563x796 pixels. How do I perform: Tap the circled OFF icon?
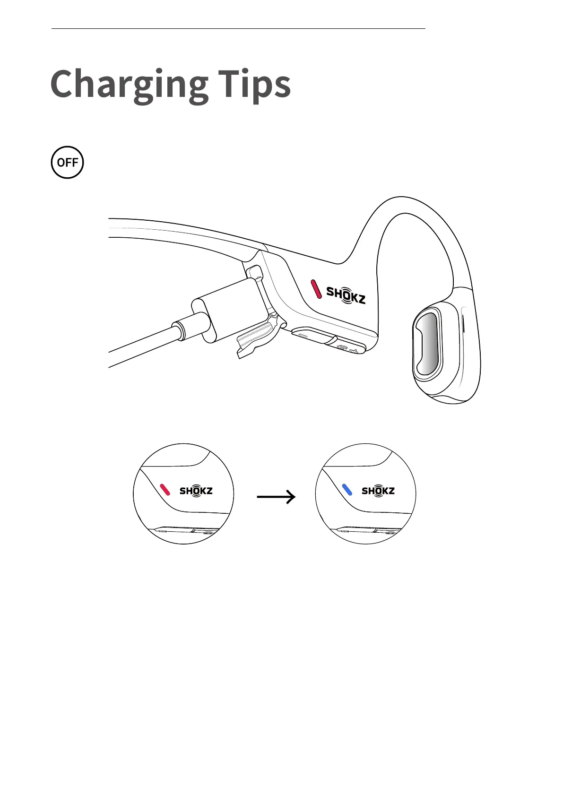pyautogui.click(x=67, y=162)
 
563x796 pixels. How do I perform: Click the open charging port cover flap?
pyautogui.click(x=258, y=337)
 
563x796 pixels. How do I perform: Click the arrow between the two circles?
pyautogui.click(x=276, y=497)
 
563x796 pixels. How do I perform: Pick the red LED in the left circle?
pyautogui.click(x=165, y=490)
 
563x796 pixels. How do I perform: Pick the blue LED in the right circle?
pyautogui.click(x=347, y=490)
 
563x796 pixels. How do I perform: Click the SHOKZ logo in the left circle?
pyautogui.click(x=196, y=491)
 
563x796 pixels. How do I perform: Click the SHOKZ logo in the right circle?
pyautogui.click(x=378, y=491)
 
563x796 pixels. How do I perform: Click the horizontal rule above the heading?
pyautogui.click(x=238, y=29)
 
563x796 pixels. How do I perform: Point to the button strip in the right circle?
pyautogui.click(x=369, y=530)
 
